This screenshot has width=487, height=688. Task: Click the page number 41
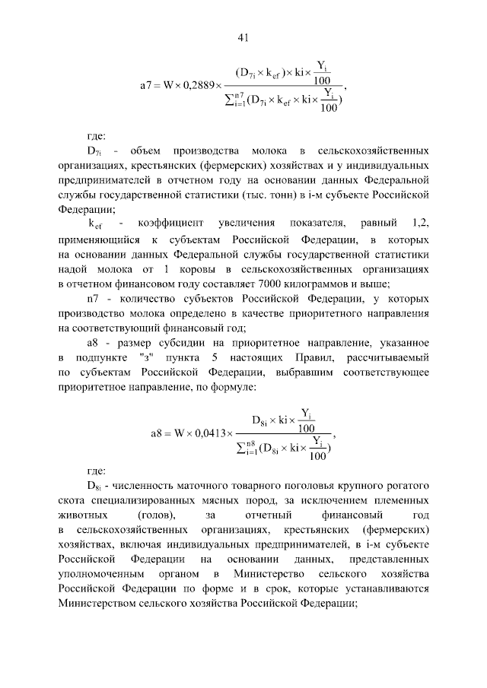[243, 37]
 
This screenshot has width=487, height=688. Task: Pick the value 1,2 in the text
[419, 224]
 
